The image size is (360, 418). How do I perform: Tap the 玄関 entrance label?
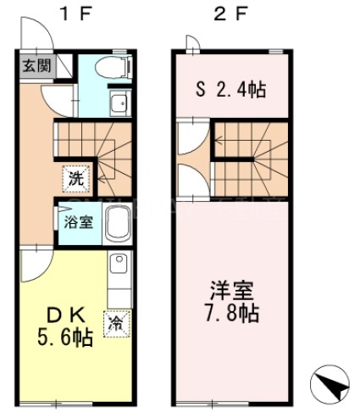pyautogui.click(x=35, y=65)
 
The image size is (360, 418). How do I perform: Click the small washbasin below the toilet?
pyautogui.click(x=117, y=104)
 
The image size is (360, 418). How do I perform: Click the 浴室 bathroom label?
pyautogui.click(x=80, y=224)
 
